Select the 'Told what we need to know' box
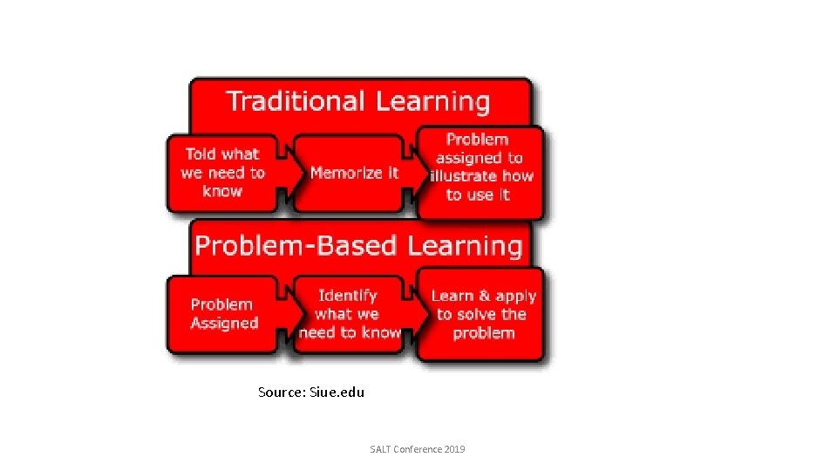pyautogui.click(x=222, y=173)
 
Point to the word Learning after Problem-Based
pyautogui.click(x=465, y=245)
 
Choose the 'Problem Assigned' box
pyautogui.click(x=223, y=314)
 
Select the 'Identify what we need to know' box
pyautogui.click(x=350, y=314)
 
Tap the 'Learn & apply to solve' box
pyautogui.click(x=481, y=314)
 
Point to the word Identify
pyautogui.click(x=348, y=296)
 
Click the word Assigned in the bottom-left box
pyautogui.click(x=225, y=324)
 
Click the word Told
pyautogui.click(x=201, y=154)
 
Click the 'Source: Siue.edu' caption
pyautogui.click(x=311, y=392)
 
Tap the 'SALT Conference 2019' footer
pyautogui.click(x=418, y=449)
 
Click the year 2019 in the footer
pyautogui.click(x=454, y=449)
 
